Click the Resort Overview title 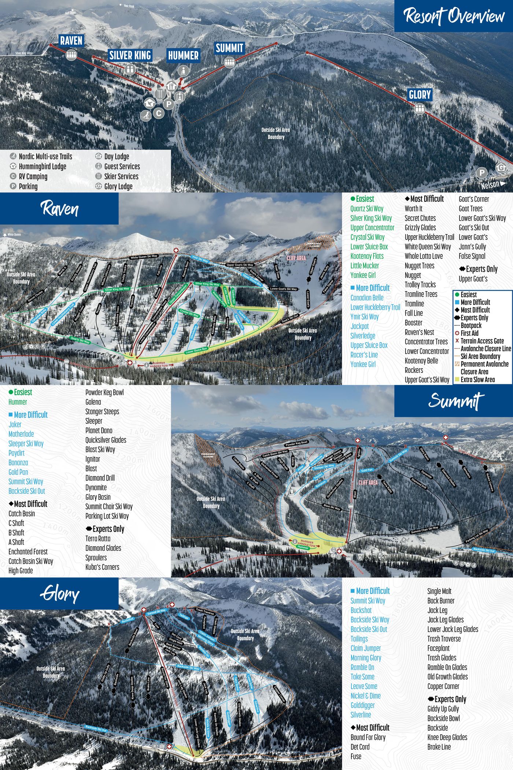click(454, 16)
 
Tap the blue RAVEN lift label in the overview click(71, 40)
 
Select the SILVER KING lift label click(130, 55)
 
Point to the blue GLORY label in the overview click(420, 95)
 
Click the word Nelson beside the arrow click(490, 185)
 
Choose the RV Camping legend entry click(33, 176)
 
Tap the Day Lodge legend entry click(117, 157)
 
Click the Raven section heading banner click(59, 208)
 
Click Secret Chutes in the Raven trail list click(420, 218)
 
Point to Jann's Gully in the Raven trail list click(472, 247)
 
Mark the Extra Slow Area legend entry click(477, 379)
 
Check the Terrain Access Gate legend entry click(482, 341)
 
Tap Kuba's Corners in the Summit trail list click(102, 567)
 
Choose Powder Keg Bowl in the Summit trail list click(104, 392)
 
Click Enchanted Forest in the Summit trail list click(28, 551)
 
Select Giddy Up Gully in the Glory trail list click(443, 709)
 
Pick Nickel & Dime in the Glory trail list click(365, 696)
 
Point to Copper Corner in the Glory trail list click(443, 686)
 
